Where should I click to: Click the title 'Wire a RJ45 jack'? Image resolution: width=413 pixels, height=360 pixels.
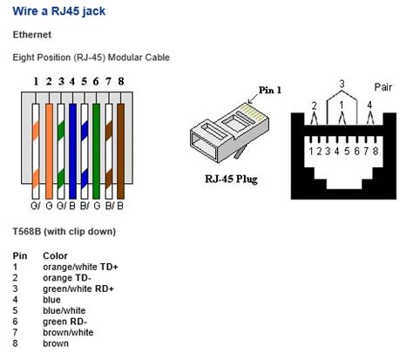coord(59,11)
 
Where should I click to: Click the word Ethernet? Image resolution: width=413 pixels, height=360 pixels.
coord(32,35)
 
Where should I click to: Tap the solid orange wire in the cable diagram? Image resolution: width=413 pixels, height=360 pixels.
coord(49,151)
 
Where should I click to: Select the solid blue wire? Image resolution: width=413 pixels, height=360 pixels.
coord(72,151)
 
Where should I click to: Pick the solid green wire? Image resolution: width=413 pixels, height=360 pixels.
coord(96,151)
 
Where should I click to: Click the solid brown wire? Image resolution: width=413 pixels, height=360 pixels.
coord(120,151)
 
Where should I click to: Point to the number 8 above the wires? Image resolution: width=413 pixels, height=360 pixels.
coord(121,81)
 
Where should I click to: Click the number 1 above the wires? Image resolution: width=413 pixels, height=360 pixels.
coord(36,81)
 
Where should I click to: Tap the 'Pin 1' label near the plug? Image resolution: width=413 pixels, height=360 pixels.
coord(270,90)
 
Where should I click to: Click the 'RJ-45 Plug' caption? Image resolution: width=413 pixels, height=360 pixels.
coord(231,179)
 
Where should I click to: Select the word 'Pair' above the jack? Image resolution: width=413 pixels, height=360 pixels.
coord(383,87)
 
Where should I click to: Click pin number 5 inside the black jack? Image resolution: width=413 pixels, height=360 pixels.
coord(347,151)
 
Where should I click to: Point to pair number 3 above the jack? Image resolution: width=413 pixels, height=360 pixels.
coord(342,84)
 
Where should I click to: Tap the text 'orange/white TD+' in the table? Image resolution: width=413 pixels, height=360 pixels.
coord(80,267)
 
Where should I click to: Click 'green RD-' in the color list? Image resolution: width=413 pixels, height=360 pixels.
coord(64,322)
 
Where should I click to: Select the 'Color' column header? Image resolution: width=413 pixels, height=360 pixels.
coord(55,255)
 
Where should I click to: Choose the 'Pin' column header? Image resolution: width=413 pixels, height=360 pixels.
coord(20,255)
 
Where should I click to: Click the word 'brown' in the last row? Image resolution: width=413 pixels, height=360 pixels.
coord(56,343)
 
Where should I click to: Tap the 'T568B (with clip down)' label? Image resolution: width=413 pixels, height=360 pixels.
coord(64,232)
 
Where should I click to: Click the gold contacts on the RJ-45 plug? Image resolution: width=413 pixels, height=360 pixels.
coord(253,112)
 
